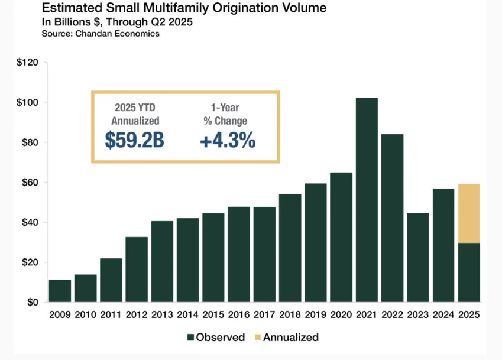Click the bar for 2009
pyautogui.click(x=60, y=291)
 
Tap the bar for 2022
pyautogui.click(x=392, y=218)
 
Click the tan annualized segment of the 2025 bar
pyautogui.click(x=469, y=213)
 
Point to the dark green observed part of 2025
pyautogui.click(x=469, y=273)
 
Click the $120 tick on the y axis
pyautogui.click(x=27, y=62)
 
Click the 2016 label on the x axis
pyautogui.click(x=239, y=315)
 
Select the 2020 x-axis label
pyautogui.click(x=341, y=315)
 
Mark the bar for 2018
pyautogui.click(x=290, y=248)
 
